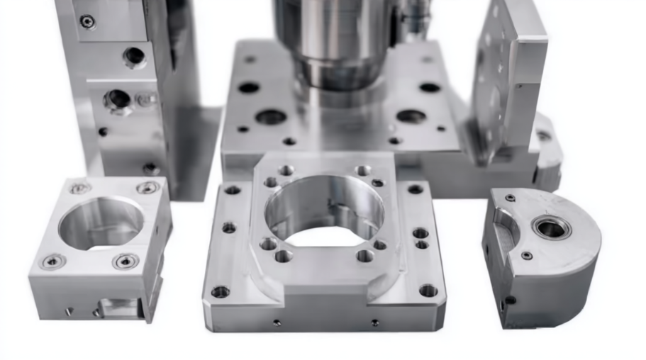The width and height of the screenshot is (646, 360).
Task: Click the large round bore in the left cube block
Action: click(101, 222)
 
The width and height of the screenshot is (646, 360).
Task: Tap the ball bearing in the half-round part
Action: click(551, 227)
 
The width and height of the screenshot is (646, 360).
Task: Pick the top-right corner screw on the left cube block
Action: click(147, 187)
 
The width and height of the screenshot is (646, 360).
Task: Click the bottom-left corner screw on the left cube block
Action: click(52, 261)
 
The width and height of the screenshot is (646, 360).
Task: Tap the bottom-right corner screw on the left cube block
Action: click(126, 261)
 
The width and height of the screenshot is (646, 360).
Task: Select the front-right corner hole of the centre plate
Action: click(428, 290)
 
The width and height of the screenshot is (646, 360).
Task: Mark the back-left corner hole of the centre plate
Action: click(232, 190)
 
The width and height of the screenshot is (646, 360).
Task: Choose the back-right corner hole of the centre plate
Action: click(416, 189)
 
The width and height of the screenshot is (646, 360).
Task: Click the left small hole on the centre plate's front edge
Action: click(276, 322)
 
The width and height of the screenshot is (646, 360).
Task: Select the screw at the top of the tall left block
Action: click(87, 21)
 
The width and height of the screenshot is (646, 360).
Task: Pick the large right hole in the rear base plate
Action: click(411, 116)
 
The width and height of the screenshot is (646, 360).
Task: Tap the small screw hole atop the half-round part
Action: click(510, 198)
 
